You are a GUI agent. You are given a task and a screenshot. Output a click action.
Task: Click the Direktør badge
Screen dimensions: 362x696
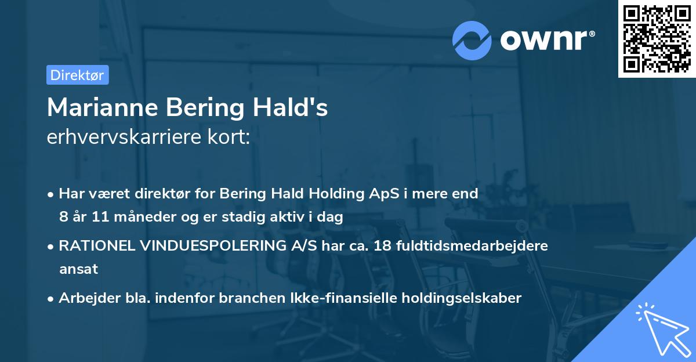click(77, 75)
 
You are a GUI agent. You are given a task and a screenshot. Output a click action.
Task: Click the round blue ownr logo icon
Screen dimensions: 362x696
click(473, 40)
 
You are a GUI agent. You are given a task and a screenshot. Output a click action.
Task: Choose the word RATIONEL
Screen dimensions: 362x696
click(97, 246)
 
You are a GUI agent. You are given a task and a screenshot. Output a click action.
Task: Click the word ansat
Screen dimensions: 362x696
click(78, 269)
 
